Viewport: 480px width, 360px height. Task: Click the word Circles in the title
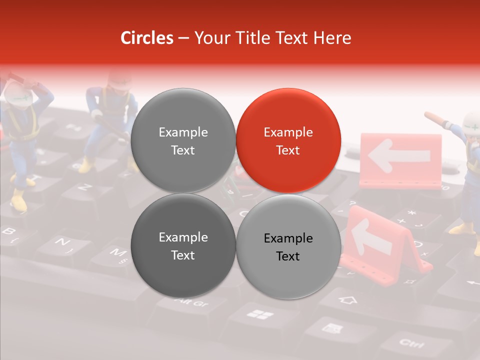[x=146, y=38]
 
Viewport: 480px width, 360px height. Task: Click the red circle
[x=288, y=141]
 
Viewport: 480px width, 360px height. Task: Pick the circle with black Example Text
[x=288, y=246]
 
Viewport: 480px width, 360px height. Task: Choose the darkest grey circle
[x=183, y=245]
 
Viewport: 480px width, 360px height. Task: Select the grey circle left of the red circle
[x=183, y=141]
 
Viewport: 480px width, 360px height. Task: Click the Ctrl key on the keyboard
[x=411, y=343]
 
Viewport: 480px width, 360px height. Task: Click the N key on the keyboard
[x=61, y=243]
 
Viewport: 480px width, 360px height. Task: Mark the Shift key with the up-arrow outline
[x=348, y=300]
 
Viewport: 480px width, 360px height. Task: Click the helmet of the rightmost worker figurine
[x=471, y=122]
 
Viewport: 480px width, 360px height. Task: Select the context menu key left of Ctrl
[x=331, y=328]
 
